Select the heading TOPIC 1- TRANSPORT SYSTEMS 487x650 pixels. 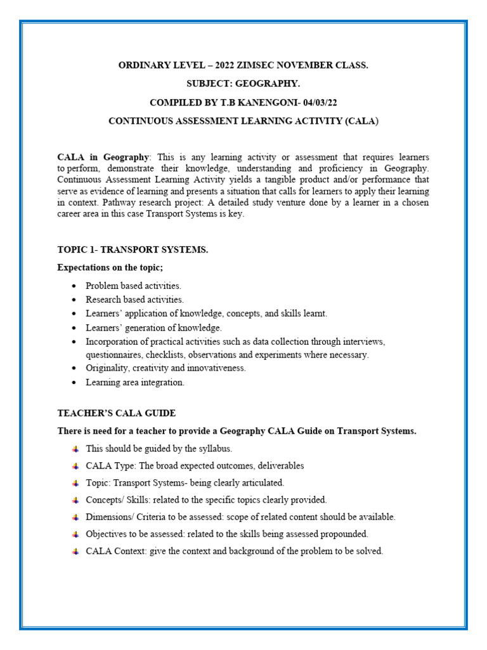pyautogui.click(x=133, y=249)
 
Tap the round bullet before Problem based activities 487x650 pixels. pyautogui.click(x=74, y=286)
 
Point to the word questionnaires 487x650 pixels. pyautogui.click(x=115, y=355)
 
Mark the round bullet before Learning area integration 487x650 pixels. pyautogui.click(x=74, y=382)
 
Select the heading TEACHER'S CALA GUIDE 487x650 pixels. pyautogui.click(x=117, y=413)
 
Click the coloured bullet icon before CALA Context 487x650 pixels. pyautogui.click(x=75, y=552)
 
